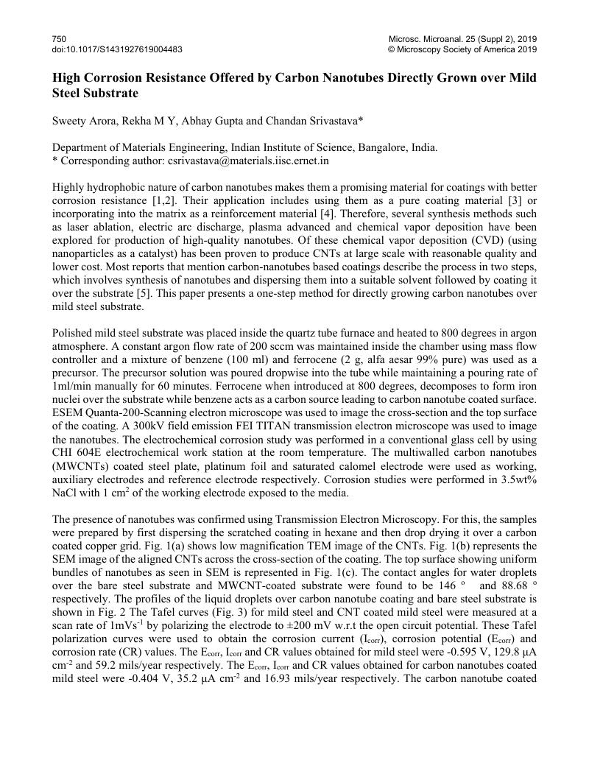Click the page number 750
[x=60, y=38]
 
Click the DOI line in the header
[x=117, y=49]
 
